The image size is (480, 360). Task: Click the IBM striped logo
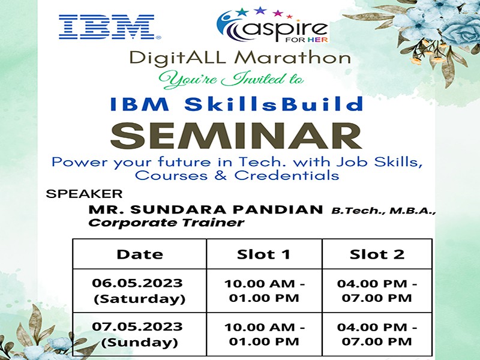(110, 27)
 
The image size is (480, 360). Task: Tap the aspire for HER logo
(272, 26)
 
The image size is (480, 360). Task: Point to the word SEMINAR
(236, 136)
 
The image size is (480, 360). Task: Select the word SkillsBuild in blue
(274, 104)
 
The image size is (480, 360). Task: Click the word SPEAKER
(84, 194)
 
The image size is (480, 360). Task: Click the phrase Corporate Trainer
(166, 223)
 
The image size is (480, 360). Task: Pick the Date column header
(140, 254)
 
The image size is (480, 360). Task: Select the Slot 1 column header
(264, 254)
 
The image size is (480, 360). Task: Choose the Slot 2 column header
(377, 254)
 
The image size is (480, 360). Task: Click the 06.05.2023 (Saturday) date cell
(140, 291)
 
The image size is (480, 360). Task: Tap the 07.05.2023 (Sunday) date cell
(140, 334)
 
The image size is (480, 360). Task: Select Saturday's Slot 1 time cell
(265, 291)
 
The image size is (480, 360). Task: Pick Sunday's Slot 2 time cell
(377, 334)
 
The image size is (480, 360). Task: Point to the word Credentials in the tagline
(287, 176)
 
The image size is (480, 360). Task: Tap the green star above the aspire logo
(242, 12)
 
